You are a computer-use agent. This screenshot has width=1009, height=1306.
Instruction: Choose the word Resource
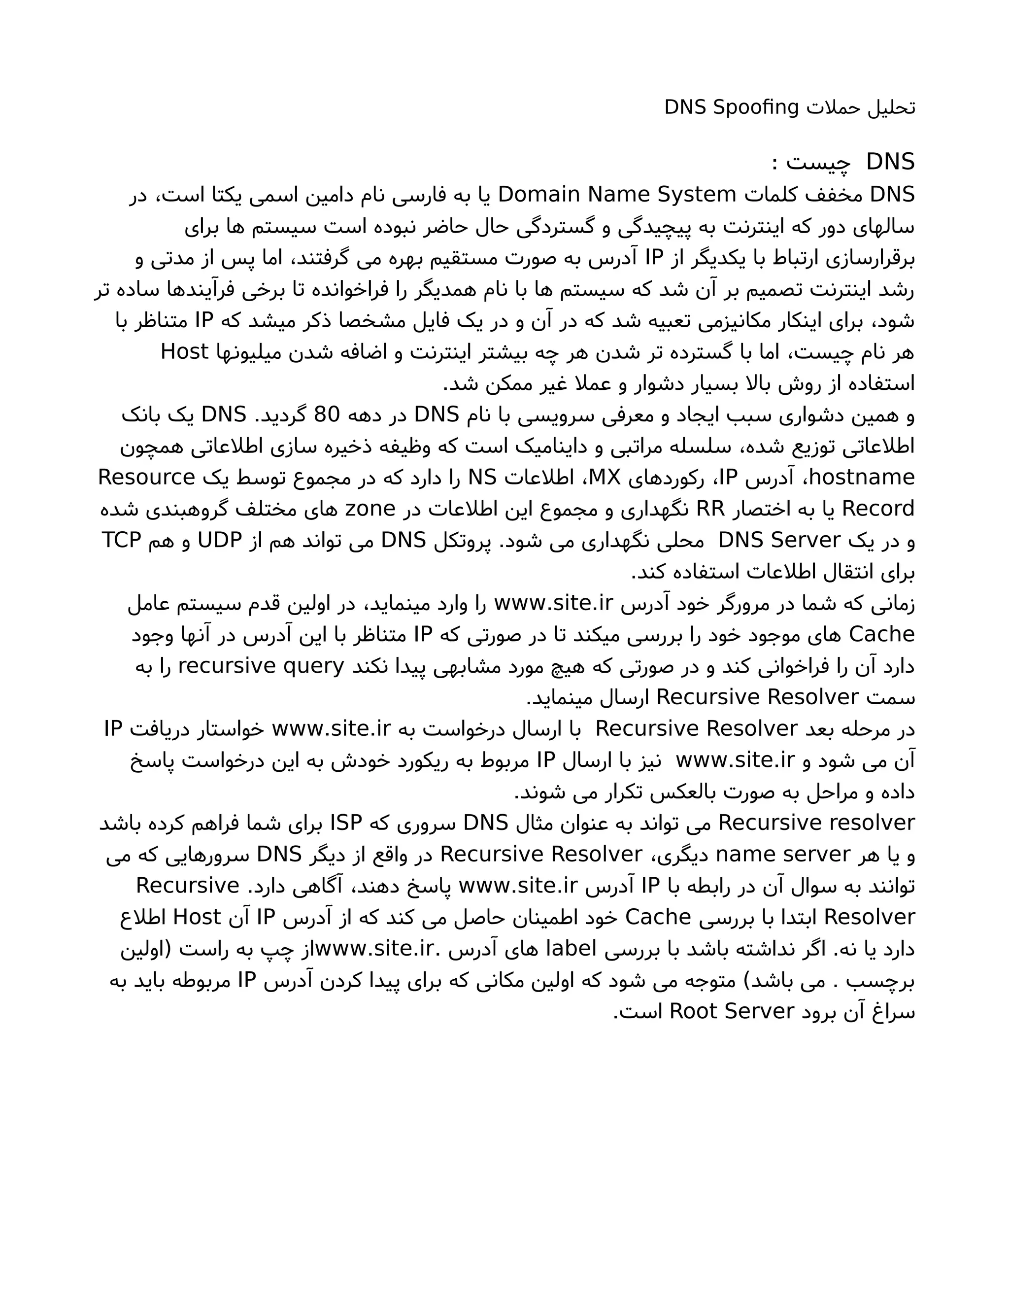(x=146, y=477)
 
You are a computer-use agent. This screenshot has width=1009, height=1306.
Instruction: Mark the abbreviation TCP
(x=121, y=540)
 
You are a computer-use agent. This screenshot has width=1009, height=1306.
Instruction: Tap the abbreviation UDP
(x=220, y=540)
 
